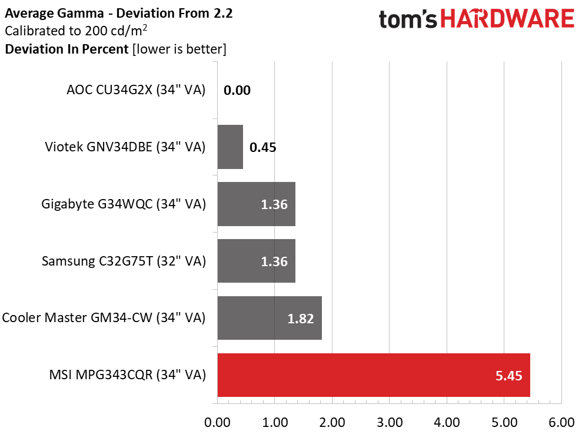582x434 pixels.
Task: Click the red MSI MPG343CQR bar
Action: click(374, 375)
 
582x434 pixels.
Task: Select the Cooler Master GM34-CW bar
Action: click(270, 318)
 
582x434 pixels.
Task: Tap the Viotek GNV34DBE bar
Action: click(230, 147)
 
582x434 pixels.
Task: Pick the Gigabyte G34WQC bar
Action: click(257, 204)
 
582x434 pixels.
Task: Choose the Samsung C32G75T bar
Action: click(257, 261)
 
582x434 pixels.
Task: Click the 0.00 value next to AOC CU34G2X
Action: click(237, 90)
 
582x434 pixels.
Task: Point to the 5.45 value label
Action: click(509, 376)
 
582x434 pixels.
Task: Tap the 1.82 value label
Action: click(301, 319)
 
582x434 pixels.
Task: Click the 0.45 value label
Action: click(263, 148)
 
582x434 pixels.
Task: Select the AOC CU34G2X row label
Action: click(136, 90)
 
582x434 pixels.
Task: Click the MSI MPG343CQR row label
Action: click(127, 375)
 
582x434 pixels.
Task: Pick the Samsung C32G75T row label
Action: click(124, 261)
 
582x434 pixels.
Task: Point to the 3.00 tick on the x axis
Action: click(390, 422)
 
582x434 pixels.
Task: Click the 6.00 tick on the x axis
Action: click(561, 422)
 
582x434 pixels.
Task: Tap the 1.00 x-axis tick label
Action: click(275, 422)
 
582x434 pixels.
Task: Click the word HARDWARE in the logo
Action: click(507, 19)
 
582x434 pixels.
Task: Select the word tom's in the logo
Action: click(408, 19)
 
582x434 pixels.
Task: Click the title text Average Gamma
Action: click(54, 14)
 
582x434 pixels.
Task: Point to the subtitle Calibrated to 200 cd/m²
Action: click(76, 31)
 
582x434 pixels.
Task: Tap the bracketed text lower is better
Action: click(179, 49)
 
